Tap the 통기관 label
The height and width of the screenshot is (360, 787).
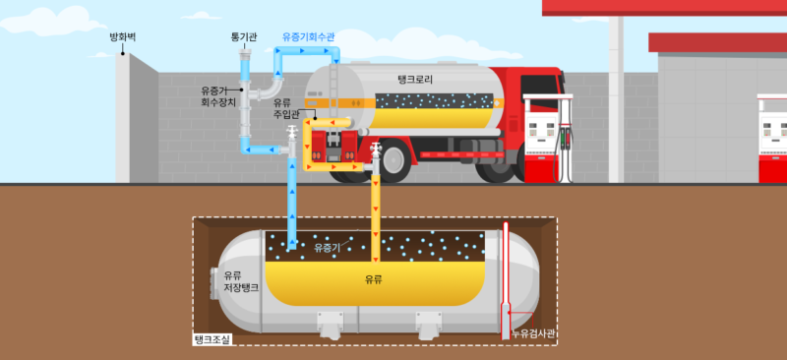coord(243,36)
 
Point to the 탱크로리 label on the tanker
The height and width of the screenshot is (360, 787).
coord(414,79)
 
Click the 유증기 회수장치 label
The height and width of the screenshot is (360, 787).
coord(215,95)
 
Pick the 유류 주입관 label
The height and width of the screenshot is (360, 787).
coord(282,107)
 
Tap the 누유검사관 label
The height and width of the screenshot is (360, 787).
coord(533,335)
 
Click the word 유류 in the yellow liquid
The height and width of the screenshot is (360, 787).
coord(374,279)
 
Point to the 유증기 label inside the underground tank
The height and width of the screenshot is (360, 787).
coord(326,248)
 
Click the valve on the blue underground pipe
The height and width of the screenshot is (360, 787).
coord(291,135)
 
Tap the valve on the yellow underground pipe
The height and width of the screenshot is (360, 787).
coord(376,152)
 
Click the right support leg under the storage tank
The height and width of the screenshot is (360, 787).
coord(427,323)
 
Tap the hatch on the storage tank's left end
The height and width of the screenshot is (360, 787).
coord(213,283)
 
